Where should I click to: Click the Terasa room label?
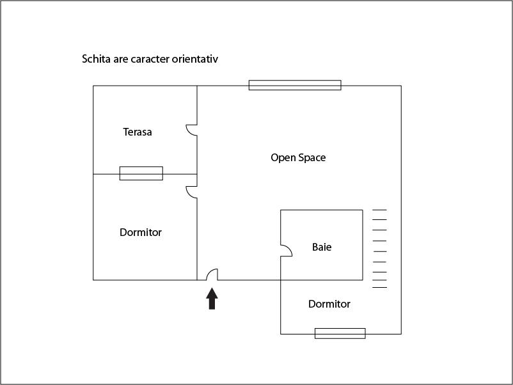[138, 132]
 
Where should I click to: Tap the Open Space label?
[298, 158]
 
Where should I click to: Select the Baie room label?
[322, 247]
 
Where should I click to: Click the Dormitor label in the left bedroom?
[141, 232]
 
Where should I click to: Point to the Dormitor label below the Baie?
[329, 304]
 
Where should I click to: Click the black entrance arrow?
[212, 298]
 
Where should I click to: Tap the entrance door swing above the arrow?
[212, 274]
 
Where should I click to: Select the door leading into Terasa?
[192, 130]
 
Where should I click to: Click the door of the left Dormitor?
[192, 192]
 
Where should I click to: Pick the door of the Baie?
[287, 251]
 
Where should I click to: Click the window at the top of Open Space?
[295, 85]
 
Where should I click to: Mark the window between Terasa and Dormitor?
[141, 173]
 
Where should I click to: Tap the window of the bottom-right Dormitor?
[340, 333]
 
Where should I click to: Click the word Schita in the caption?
[96, 59]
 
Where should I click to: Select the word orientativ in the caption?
[195, 59]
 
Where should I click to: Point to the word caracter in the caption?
[150, 59]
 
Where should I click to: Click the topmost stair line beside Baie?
[379, 210]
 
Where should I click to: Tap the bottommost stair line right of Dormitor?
[379, 288]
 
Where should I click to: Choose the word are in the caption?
[120, 59]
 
